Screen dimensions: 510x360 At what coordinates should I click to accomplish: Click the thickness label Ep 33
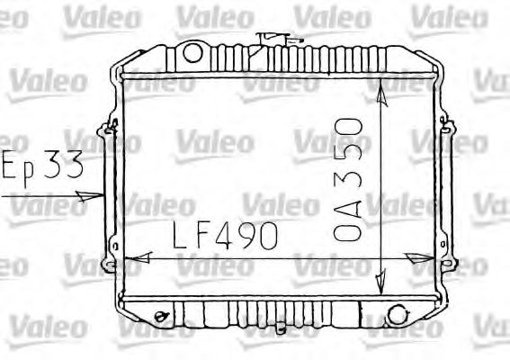(42, 167)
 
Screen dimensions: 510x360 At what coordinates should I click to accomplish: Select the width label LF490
(225, 235)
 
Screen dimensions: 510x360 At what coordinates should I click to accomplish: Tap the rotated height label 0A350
(348, 180)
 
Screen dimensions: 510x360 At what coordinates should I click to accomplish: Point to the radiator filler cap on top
(273, 39)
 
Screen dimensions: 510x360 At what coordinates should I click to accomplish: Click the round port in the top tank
(192, 53)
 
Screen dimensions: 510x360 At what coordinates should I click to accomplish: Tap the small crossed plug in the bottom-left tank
(161, 316)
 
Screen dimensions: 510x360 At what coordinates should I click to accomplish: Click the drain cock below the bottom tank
(281, 328)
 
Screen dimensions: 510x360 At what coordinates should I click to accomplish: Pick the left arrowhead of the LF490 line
(139, 257)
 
